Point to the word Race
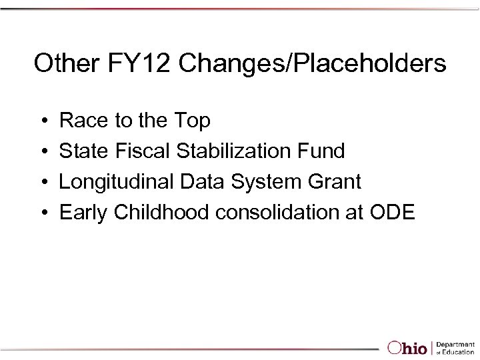click(81, 121)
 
